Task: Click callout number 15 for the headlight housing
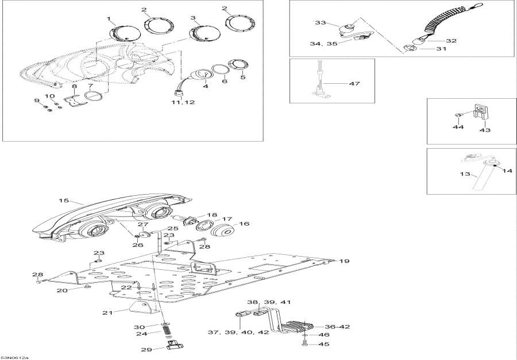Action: (x=64, y=200)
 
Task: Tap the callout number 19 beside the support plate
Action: (x=344, y=261)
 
